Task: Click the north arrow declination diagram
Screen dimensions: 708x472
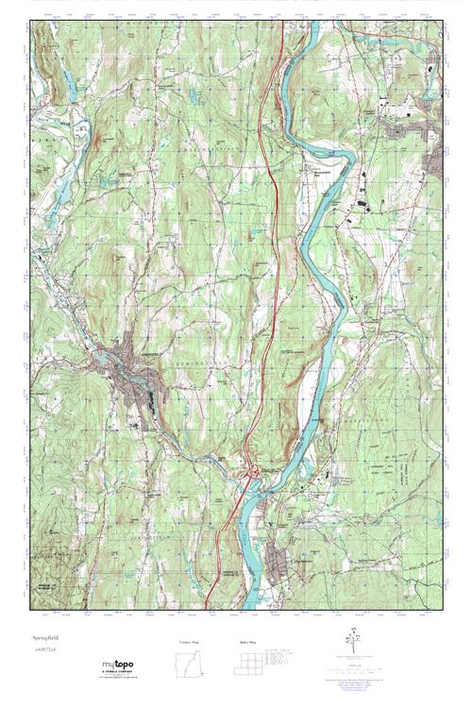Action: tap(356, 639)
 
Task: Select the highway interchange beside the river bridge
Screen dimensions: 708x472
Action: tap(251, 472)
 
